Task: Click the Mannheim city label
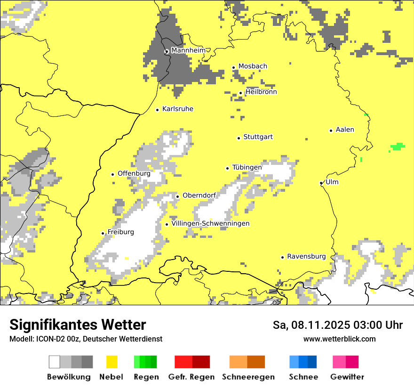click(188, 50)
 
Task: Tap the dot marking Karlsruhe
click(158, 110)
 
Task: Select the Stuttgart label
click(258, 137)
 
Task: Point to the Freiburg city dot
click(103, 233)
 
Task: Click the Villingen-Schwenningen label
click(210, 223)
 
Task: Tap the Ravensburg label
click(306, 256)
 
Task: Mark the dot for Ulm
click(321, 183)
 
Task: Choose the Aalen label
click(345, 130)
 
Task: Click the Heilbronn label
click(261, 92)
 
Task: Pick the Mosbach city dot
click(233, 67)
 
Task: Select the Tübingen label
click(247, 167)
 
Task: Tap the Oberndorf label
click(199, 195)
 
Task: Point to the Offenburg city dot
click(112, 174)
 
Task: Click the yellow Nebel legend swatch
click(111, 362)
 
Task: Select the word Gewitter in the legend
click(347, 377)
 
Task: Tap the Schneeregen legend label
click(248, 377)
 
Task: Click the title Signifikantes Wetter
click(78, 325)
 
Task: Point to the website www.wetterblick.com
click(339, 339)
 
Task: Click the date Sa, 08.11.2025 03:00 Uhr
click(337, 325)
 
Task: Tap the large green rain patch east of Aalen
click(398, 147)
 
